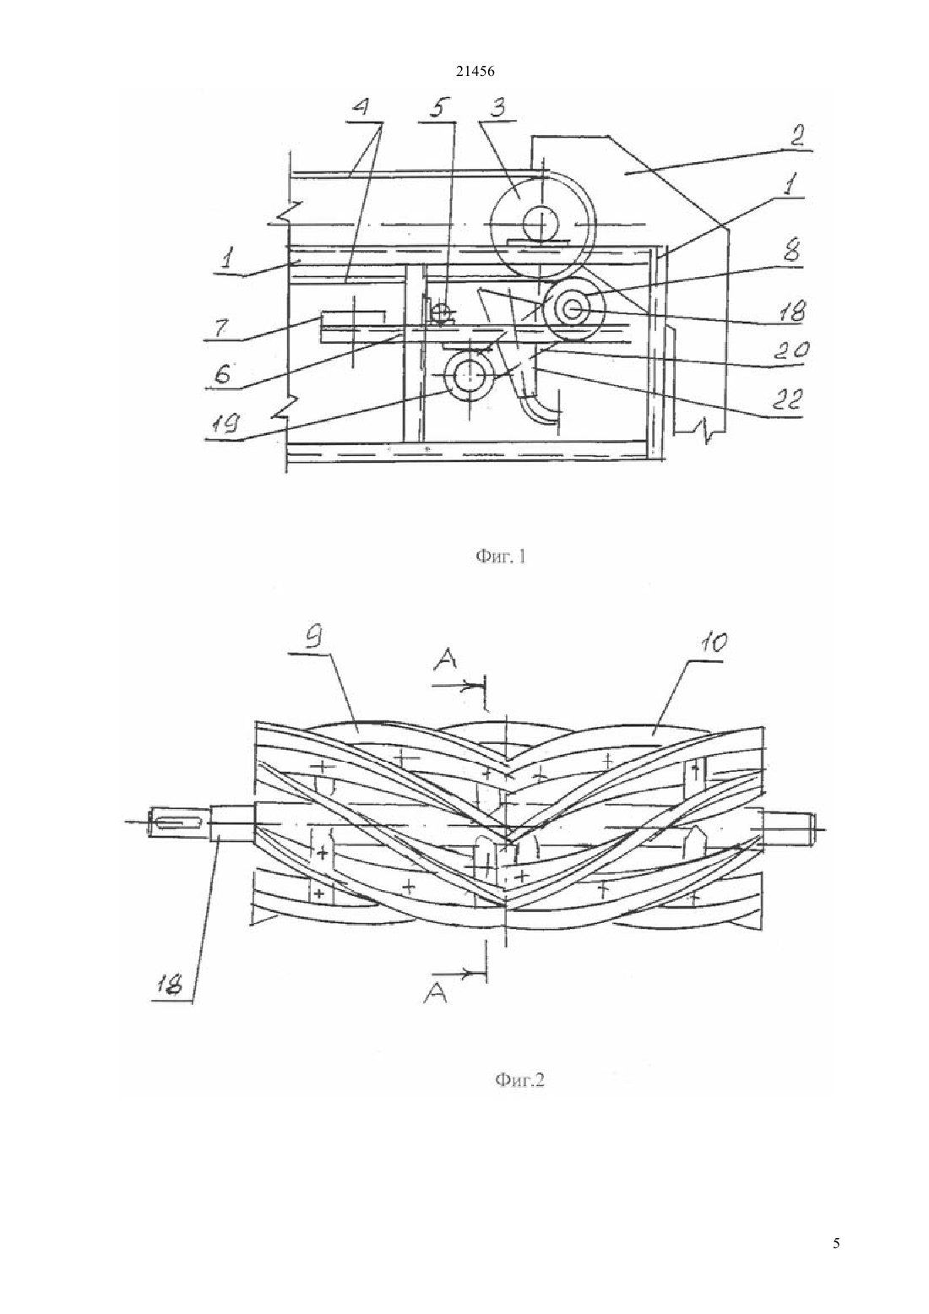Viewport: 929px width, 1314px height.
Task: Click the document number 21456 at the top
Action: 475,72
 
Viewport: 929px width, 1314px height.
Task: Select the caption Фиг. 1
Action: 500,557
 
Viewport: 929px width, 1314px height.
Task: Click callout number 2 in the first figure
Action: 796,135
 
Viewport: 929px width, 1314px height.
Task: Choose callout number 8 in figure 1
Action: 791,252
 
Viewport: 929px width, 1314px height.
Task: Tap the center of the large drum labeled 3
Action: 541,224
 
